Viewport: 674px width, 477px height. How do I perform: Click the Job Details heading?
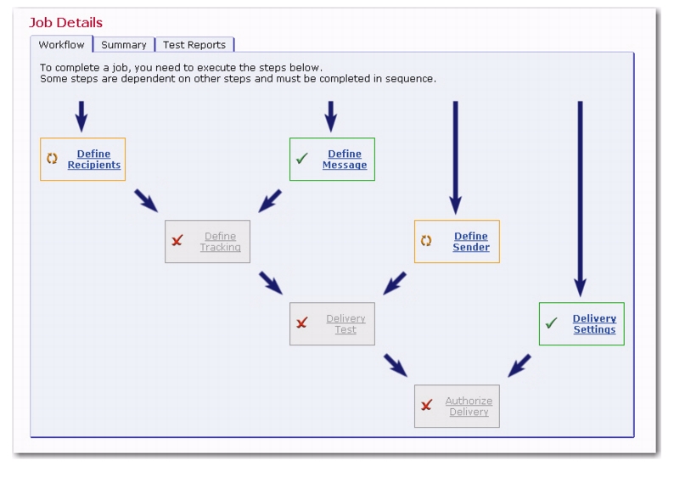click(65, 22)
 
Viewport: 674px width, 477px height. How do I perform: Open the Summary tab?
click(124, 45)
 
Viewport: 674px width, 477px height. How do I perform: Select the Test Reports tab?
click(194, 45)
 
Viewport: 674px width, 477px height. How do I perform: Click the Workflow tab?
click(61, 45)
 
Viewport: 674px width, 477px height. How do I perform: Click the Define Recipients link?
click(94, 159)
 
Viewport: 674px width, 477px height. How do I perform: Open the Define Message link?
click(345, 159)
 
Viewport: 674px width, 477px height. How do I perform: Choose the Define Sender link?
click(471, 242)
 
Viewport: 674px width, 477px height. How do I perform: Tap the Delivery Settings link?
click(594, 324)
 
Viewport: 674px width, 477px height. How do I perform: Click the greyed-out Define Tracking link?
click(221, 242)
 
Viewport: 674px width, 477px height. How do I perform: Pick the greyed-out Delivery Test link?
click(345, 324)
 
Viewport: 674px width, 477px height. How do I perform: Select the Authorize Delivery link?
click(469, 406)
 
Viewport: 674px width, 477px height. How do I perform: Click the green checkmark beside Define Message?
click(302, 158)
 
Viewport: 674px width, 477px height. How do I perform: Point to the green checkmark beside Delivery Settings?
click(551, 323)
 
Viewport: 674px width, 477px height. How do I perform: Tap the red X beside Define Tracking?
click(177, 240)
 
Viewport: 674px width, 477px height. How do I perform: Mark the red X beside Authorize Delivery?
click(426, 405)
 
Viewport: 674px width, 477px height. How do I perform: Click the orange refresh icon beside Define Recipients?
click(52, 158)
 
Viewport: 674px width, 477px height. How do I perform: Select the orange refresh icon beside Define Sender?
click(426, 241)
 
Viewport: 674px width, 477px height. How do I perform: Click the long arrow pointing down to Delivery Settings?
click(581, 199)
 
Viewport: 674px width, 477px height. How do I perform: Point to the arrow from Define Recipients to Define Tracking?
click(146, 200)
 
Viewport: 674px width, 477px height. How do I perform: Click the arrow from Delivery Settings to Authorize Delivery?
click(520, 366)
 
